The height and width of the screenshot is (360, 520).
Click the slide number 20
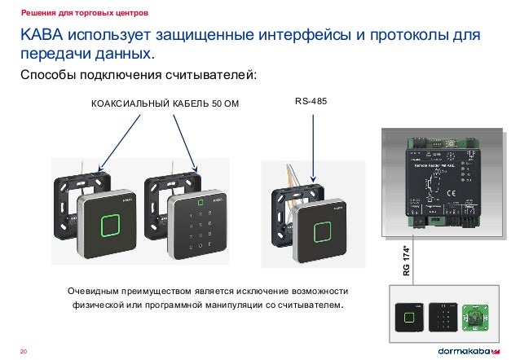point(24,350)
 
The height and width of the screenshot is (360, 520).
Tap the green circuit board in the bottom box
point(475,317)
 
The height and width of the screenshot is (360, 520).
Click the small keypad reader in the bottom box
point(443,316)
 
